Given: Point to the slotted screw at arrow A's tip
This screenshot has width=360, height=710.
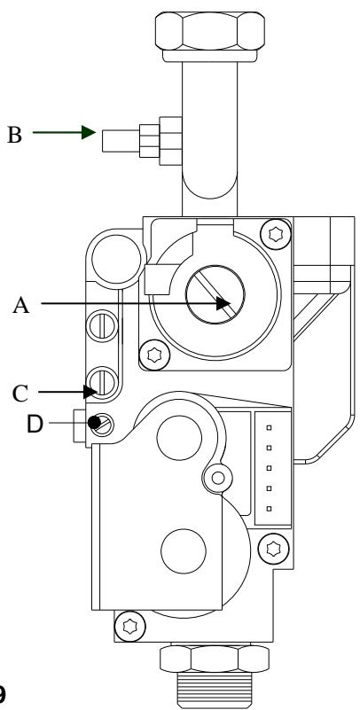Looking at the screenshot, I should (x=210, y=296).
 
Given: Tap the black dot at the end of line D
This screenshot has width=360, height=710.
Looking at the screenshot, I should (x=92, y=423).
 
